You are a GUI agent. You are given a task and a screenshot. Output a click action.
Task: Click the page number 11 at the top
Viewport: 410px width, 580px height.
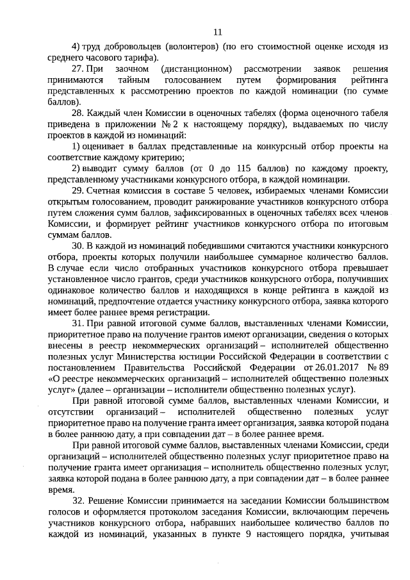[x=217, y=31]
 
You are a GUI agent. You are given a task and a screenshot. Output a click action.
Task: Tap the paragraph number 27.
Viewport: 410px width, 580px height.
[x=78, y=69]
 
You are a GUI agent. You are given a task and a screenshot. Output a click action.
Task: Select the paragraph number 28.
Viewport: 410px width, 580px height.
[x=78, y=112]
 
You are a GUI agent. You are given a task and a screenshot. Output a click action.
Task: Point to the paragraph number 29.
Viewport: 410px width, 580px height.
[x=78, y=190]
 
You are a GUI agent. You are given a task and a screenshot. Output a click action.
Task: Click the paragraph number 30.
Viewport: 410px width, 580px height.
[x=78, y=245]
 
